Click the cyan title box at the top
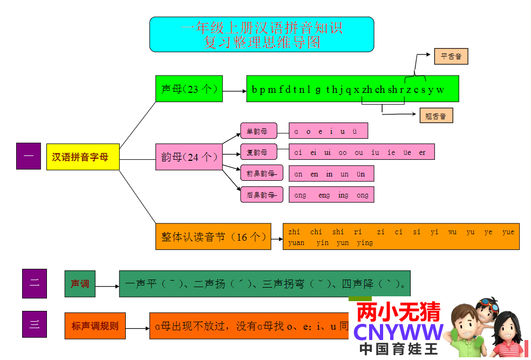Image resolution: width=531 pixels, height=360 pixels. (262, 34)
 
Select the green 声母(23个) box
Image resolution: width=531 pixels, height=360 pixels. (189, 89)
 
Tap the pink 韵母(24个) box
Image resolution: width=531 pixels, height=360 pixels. (189, 157)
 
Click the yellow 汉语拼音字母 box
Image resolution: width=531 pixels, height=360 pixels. (83, 157)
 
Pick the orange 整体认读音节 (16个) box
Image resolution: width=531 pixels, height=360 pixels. (213, 236)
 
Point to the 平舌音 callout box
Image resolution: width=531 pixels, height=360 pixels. (451, 56)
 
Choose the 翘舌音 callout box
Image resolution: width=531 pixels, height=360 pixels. (436, 116)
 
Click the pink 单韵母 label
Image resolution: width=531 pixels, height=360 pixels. (258, 131)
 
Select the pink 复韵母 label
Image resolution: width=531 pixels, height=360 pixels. (258, 152)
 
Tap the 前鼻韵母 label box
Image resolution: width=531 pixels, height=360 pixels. (261, 173)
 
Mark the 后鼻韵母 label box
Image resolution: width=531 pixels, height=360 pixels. (261, 194)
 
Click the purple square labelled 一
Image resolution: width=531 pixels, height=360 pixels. (29, 156)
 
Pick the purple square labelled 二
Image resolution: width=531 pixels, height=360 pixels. (34, 283)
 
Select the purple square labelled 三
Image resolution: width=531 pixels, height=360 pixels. (34, 324)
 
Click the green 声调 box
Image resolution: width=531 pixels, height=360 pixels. (80, 283)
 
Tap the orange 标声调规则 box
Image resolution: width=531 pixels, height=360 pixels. (94, 326)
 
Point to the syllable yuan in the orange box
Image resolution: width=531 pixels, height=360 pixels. (296, 243)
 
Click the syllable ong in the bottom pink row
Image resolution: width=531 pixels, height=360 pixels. (362, 195)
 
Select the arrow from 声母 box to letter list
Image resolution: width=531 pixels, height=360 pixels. (234, 91)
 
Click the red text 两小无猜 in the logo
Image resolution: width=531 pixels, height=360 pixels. (399, 311)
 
